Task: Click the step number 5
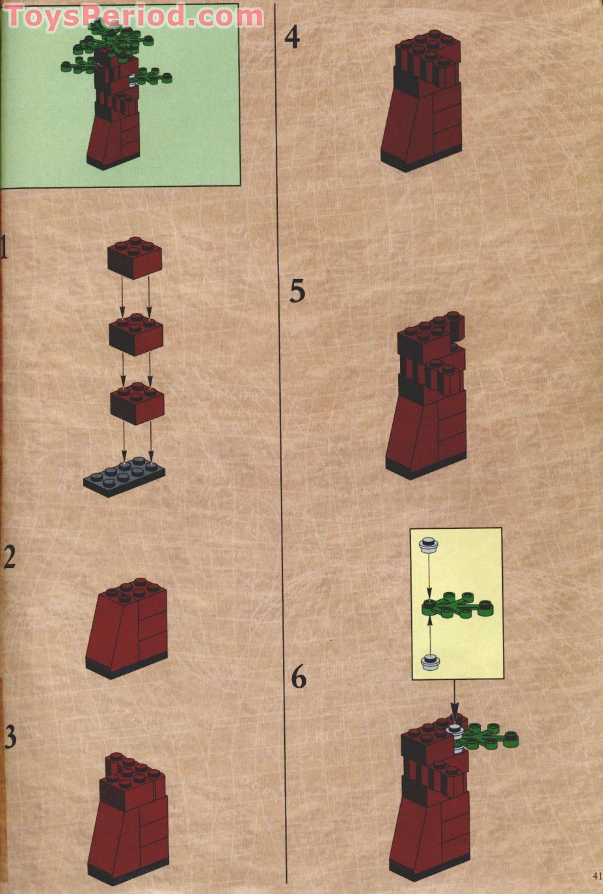(x=297, y=291)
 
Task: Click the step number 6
(x=298, y=678)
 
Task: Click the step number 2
(x=8, y=558)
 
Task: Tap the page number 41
(x=596, y=874)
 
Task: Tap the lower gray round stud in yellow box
(x=429, y=662)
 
